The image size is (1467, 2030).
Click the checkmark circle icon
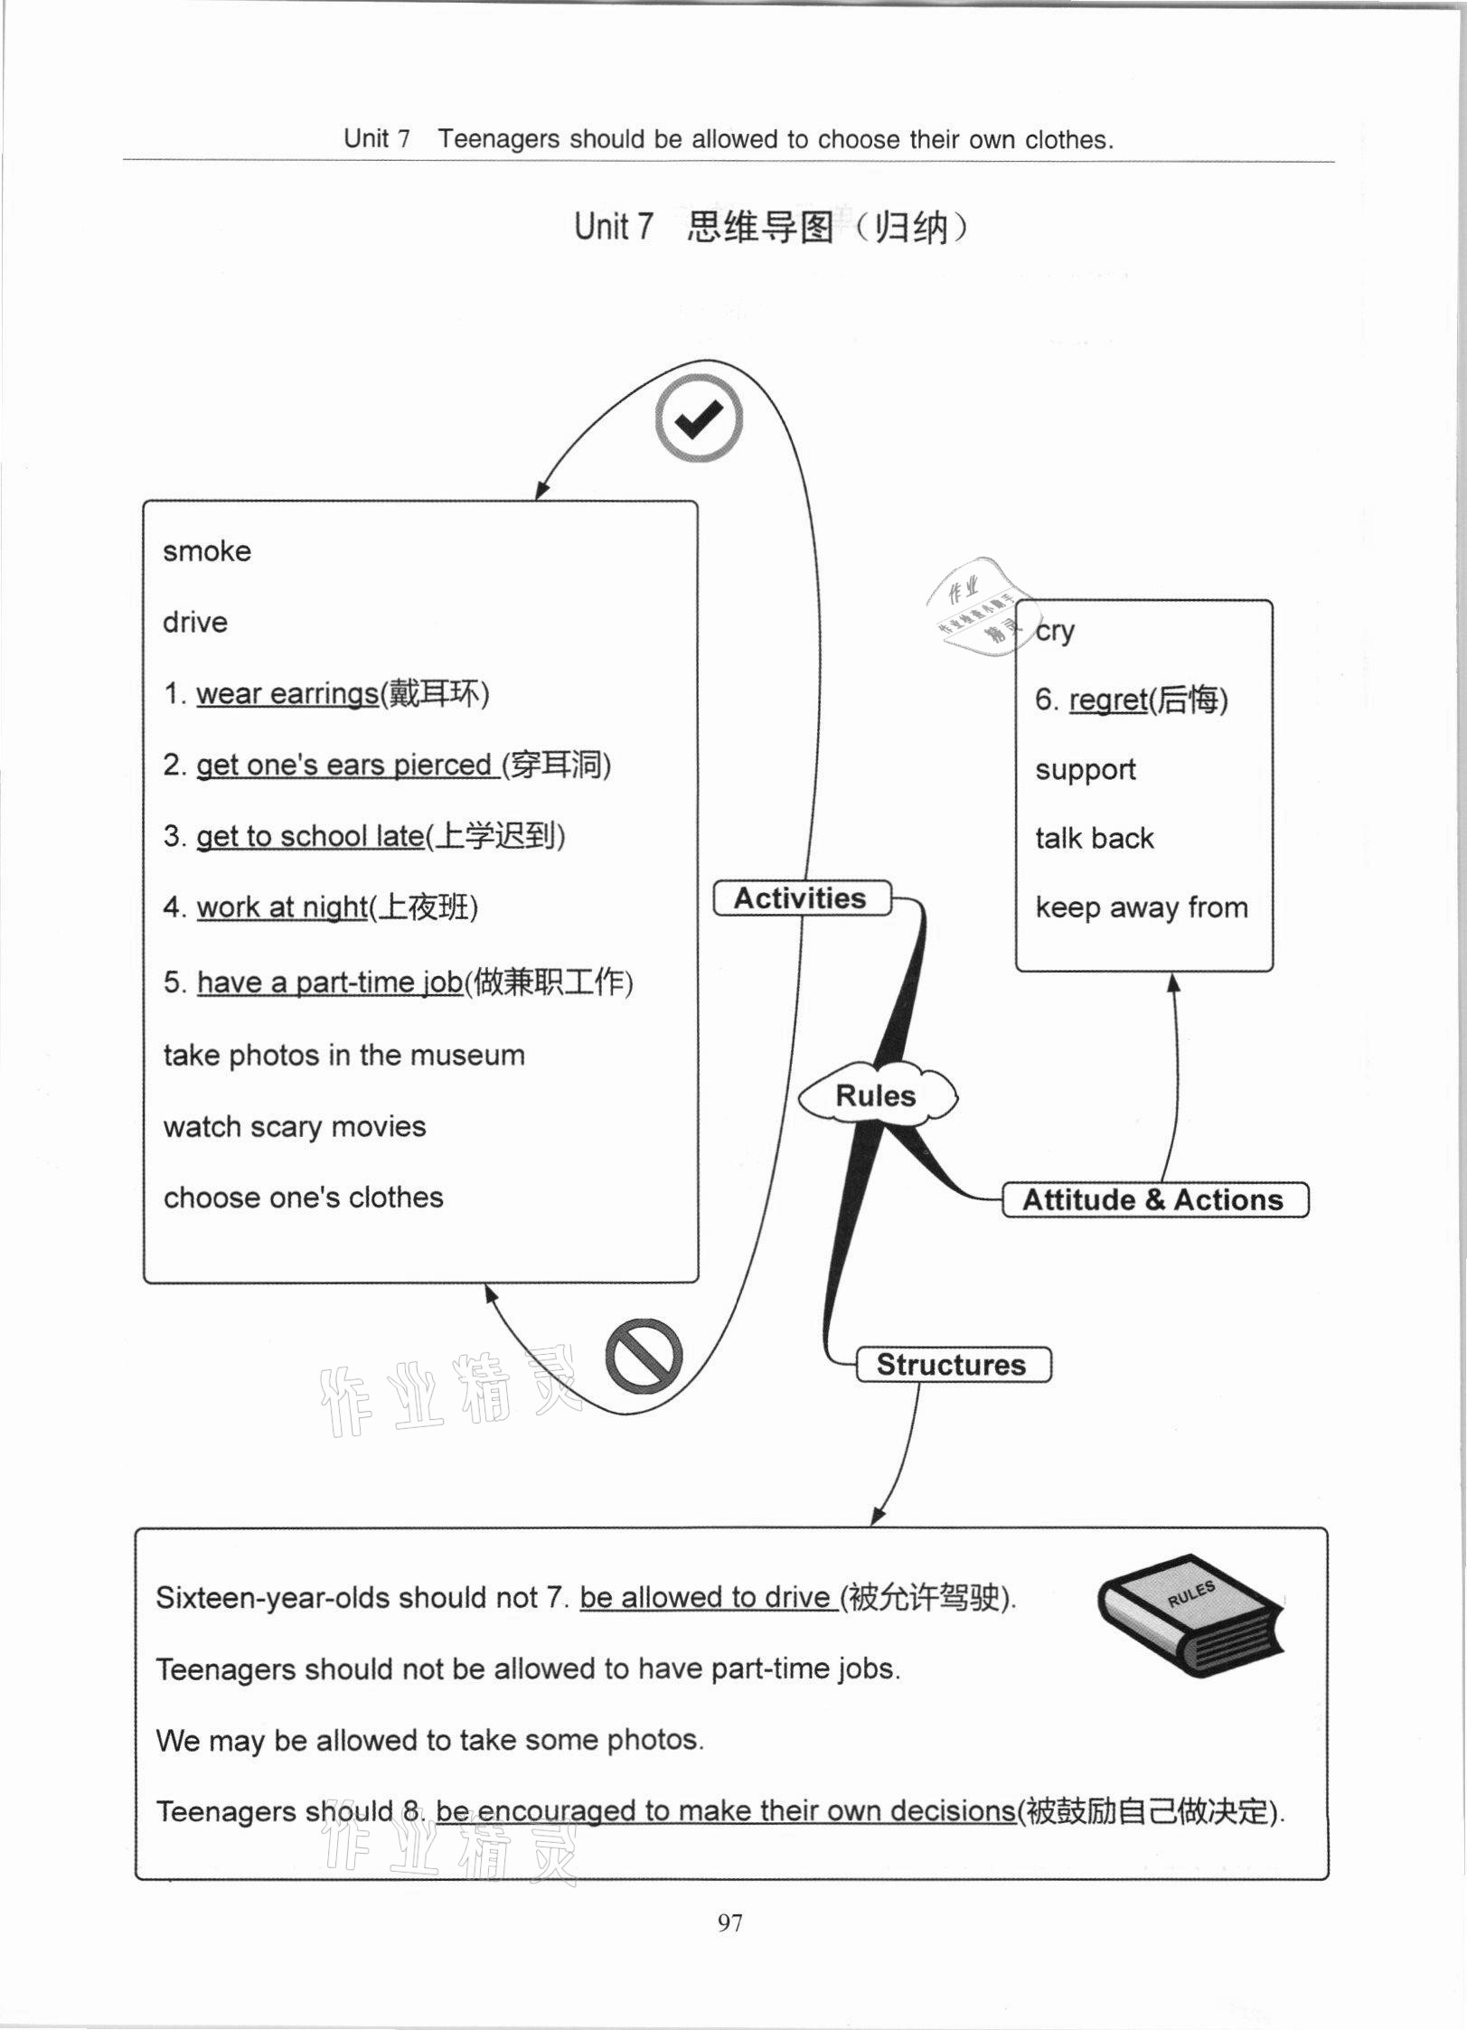point(699,419)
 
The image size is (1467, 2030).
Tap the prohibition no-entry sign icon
point(643,1357)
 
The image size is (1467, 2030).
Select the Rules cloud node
point(876,1096)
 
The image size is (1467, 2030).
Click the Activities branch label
point(801,898)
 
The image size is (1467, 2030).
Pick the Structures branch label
point(952,1365)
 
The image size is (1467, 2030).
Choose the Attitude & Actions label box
point(1153,1200)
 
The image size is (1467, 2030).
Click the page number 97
point(730,1923)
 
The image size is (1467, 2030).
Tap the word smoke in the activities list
point(207,551)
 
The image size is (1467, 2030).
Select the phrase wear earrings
point(287,694)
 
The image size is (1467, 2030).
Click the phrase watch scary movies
point(295,1127)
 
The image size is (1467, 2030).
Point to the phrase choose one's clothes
point(304,1198)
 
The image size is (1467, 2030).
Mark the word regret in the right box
point(1108,700)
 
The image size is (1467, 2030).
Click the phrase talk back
point(1095,839)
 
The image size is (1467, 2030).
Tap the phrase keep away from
point(1142,907)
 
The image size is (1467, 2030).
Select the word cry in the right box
point(1056,631)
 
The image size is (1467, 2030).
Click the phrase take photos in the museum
point(344,1056)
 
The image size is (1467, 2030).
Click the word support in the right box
point(1086,770)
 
